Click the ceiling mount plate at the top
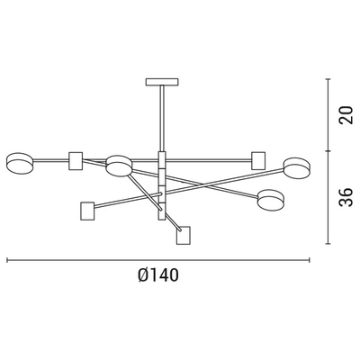[163, 83]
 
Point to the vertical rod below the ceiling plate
[163, 117]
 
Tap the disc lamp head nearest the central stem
[118, 165]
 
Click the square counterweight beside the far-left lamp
[76, 161]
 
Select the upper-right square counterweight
[259, 160]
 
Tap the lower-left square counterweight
[87, 211]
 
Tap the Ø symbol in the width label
[145, 276]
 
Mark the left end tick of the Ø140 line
[7, 261]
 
